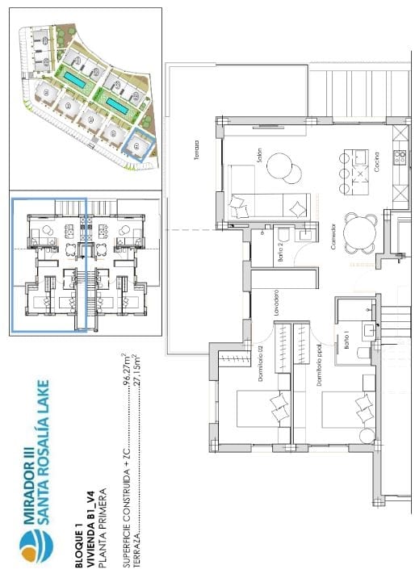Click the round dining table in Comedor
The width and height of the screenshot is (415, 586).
pyautogui.click(x=359, y=232)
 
